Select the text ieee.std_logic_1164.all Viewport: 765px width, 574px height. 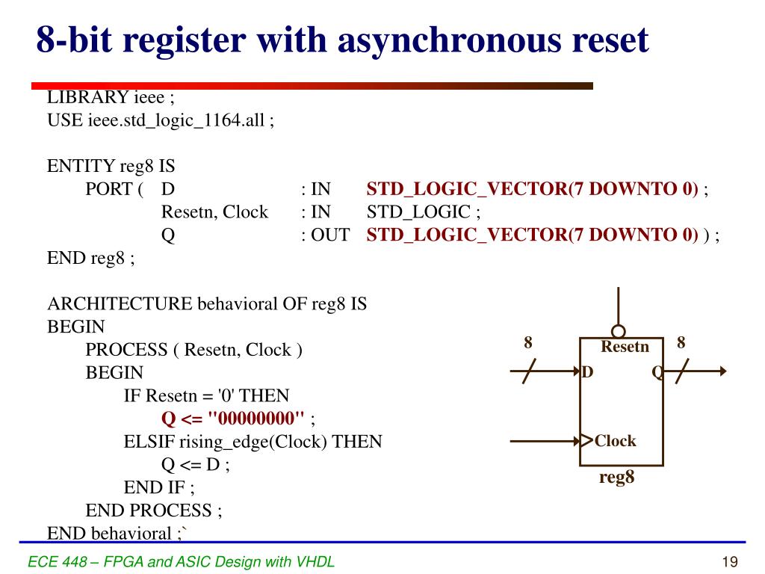(x=176, y=120)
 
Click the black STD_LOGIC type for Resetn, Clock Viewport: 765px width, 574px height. (x=418, y=212)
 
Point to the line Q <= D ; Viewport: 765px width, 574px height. (x=195, y=465)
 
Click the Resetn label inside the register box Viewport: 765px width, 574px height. (x=625, y=347)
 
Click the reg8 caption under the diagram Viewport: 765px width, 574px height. (x=617, y=478)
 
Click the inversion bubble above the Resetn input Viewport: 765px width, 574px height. (x=618, y=331)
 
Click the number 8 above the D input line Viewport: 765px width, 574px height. (x=528, y=343)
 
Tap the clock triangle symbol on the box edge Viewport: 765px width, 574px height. (x=586, y=440)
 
